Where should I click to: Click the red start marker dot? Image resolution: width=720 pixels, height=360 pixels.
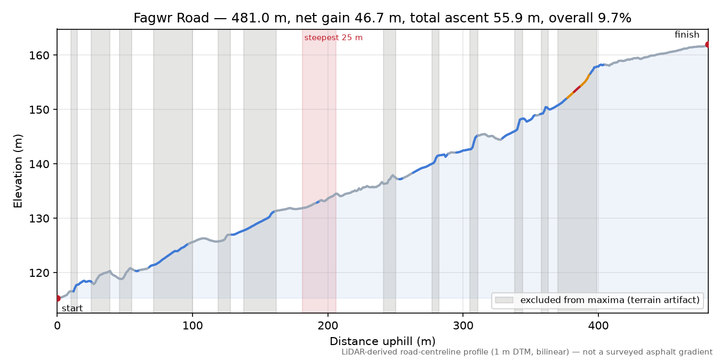pyautogui.click(x=58, y=298)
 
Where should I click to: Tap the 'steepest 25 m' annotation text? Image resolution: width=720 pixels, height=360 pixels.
pyautogui.click(x=333, y=38)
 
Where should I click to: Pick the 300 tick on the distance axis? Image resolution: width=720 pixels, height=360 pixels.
pyautogui.click(x=463, y=326)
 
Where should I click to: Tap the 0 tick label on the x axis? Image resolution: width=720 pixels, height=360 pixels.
pyautogui.click(x=57, y=326)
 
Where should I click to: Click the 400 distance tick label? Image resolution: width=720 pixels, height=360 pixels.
pyautogui.click(x=598, y=326)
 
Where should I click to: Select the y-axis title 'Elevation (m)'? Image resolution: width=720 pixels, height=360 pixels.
pyautogui.click(x=18, y=171)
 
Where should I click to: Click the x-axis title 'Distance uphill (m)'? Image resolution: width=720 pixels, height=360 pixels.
pyautogui.click(x=382, y=341)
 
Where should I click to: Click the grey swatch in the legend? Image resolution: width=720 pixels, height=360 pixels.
pyautogui.click(x=504, y=300)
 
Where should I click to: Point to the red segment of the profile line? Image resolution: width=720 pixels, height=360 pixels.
pyautogui.click(x=577, y=90)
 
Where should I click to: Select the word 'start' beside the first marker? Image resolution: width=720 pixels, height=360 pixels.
pyautogui.click(x=72, y=309)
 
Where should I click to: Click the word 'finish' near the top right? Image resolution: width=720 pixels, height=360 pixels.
pyautogui.click(x=687, y=35)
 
